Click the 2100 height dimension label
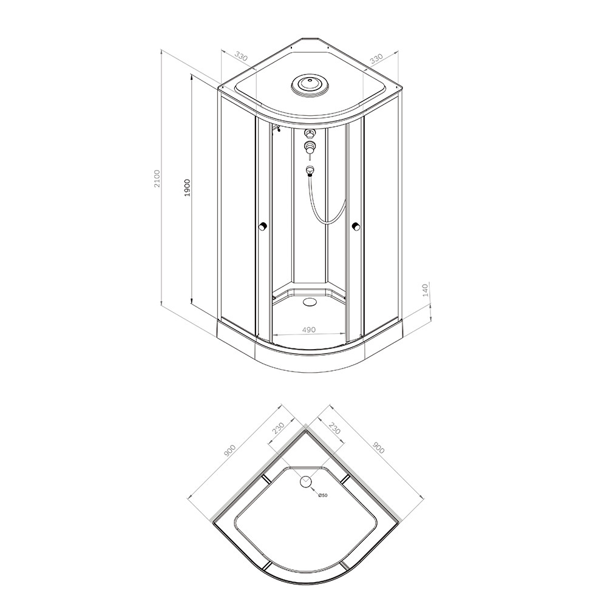(157, 179)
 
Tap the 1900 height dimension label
(188, 188)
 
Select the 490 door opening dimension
(309, 330)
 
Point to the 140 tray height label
(426, 290)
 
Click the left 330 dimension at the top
(241, 57)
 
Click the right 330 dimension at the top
(376, 59)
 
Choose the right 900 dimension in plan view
(379, 447)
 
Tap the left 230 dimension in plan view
(279, 428)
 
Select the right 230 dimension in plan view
(334, 428)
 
